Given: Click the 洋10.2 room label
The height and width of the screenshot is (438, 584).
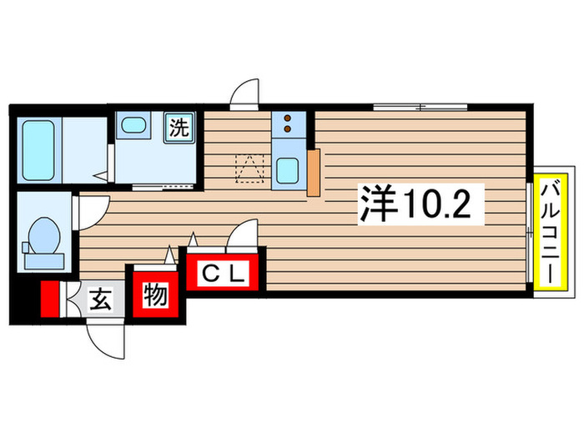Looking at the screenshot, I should [422, 203].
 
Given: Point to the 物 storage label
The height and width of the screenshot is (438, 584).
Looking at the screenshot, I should [156, 296].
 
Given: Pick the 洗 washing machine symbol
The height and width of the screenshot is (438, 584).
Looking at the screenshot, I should [180, 128].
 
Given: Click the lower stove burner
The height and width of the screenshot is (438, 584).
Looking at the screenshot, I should [287, 130].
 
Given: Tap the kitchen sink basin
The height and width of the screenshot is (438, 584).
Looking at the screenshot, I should [289, 171].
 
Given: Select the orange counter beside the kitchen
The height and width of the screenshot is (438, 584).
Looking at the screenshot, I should [314, 173].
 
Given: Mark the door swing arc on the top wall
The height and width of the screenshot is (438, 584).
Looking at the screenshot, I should [245, 93].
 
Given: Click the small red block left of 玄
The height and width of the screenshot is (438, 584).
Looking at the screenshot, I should [51, 299].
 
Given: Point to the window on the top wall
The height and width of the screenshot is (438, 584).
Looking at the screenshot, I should [420, 107].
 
